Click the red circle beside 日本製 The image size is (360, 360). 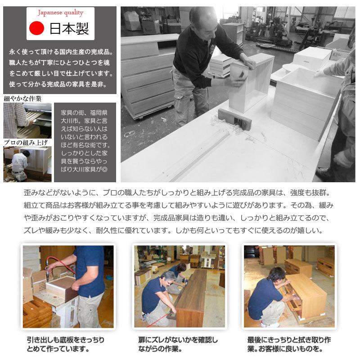[x=36, y=29]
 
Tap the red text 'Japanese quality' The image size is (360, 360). [x=60, y=13]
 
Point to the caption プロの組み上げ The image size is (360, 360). [x=26, y=143]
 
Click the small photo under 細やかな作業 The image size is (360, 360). [x=27, y=120]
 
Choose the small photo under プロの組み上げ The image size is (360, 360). [x=27, y=164]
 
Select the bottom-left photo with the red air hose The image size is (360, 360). [x=67, y=286]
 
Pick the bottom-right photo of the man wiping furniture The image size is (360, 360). [x=289, y=286]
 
